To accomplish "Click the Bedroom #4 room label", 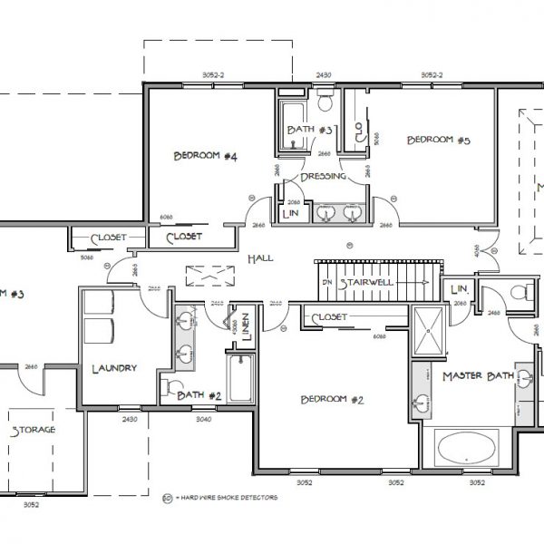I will [205, 157].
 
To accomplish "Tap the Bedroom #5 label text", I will [438, 140].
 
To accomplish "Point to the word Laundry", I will [114, 368].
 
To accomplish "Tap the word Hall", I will [260, 259].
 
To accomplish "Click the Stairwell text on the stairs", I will [368, 282].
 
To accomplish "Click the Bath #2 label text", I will [199, 394].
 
